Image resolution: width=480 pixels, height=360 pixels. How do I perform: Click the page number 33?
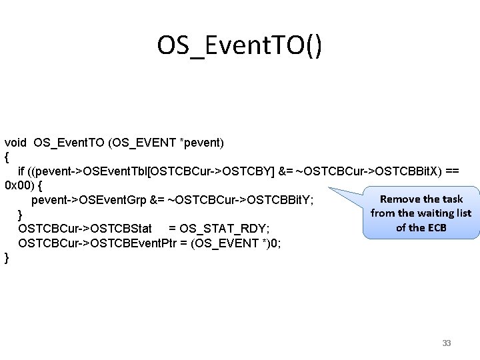[x=447, y=343]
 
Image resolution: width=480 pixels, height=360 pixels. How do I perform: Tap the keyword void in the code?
[x=16, y=142]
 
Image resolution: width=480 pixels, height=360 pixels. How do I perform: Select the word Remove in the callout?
[x=401, y=199]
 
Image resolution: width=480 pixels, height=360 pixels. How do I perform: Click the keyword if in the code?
[x=21, y=171]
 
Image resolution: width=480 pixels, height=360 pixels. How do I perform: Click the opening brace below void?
[x=7, y=157]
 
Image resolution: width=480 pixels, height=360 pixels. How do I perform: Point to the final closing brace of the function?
[x=7, y=257]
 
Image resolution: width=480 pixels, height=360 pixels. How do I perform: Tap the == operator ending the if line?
[x=451, y=171]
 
